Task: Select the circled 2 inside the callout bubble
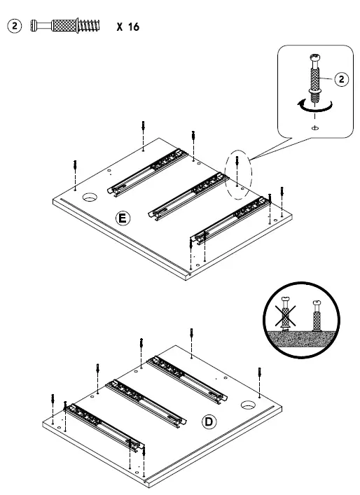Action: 341,79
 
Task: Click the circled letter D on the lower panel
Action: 208,421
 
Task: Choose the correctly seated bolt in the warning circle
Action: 317,319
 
